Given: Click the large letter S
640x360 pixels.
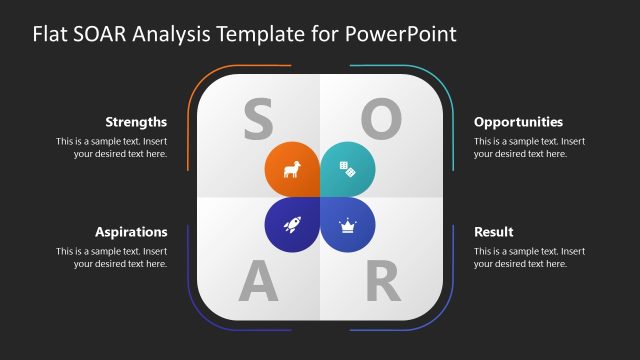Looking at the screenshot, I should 258,120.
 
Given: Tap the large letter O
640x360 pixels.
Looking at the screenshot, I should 381,120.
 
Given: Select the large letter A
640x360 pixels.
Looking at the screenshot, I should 258,284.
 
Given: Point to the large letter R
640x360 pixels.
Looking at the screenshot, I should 382,284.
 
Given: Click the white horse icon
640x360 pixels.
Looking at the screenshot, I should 291,170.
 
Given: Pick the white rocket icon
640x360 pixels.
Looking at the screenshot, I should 291,226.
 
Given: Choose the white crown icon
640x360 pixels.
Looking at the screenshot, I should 348,226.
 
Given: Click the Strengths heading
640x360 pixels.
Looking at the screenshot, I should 136,122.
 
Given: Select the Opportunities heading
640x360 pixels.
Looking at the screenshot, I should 518,122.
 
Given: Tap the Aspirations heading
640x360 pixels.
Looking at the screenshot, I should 131,232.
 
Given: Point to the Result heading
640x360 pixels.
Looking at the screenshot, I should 494,232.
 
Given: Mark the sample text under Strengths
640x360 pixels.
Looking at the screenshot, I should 111,148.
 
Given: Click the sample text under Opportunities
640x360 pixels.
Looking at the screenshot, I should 529,148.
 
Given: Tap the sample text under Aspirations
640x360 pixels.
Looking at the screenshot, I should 111,257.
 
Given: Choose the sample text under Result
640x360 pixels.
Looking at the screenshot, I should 529,257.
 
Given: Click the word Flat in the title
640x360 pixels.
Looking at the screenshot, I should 51,34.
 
